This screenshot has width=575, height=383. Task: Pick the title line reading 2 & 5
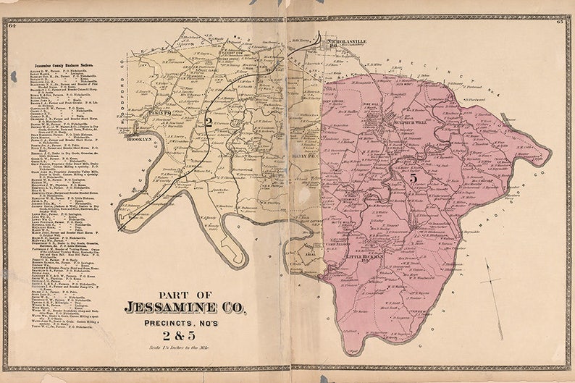tap(185, 334)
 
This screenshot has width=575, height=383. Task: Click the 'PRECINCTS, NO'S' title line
tap(185, 321)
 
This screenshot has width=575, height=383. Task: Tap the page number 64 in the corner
tap(12, 25)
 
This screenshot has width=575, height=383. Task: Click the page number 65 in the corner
tap(559, 23)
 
